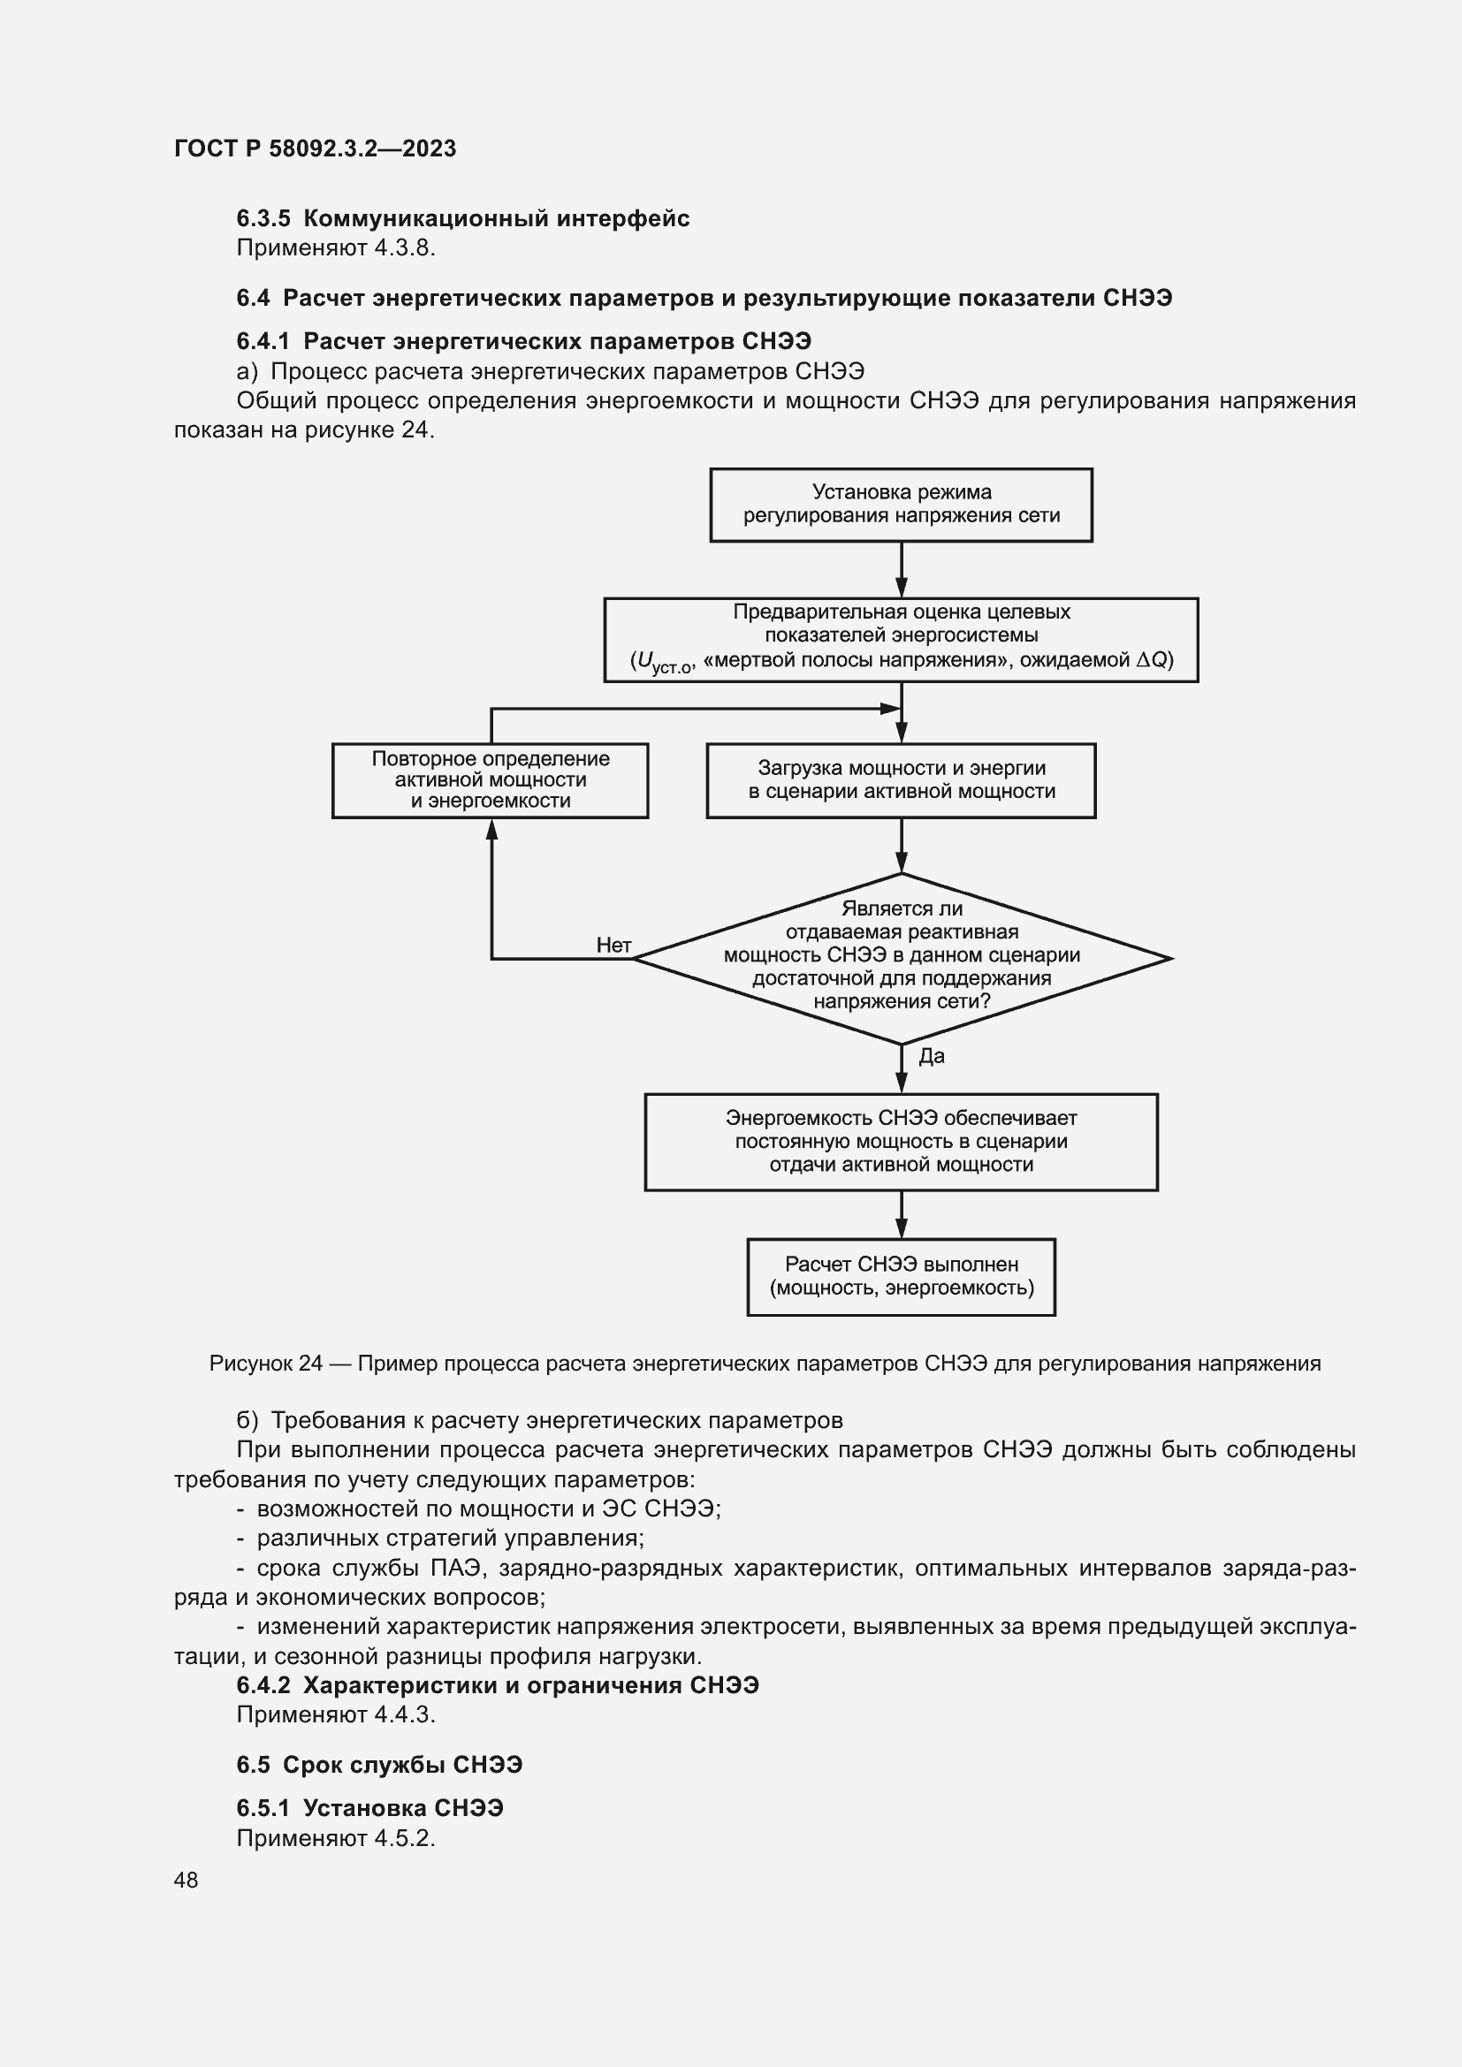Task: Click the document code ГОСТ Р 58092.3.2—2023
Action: (x=315, y=148)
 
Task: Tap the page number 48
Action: (x=187, y=1880)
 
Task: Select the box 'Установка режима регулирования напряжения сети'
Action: (x=900, y=504)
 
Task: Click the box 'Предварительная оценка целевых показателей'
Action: (x=900, y=639)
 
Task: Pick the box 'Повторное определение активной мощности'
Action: (x=491, y=779)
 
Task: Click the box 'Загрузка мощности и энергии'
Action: (x=900, y=779)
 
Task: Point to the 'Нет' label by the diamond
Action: (x=613, y=945)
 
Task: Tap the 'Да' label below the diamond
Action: (x=931, y=1056)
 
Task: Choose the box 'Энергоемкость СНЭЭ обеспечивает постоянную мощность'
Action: (x=900, y=1142)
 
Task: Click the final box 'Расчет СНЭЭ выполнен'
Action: (x=900, y=1277)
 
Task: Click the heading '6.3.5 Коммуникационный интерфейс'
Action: (x=462, y=219)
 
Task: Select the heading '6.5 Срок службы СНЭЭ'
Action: (x=379, y=1765)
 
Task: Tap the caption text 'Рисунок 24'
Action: (x=265, y=1364)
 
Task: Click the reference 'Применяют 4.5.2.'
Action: (x=336, y=1838)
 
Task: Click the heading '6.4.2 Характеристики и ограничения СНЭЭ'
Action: (x=497, y=1685)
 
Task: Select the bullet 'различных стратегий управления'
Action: (x=450, y=1537)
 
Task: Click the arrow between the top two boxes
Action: (x=901, y=570)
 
